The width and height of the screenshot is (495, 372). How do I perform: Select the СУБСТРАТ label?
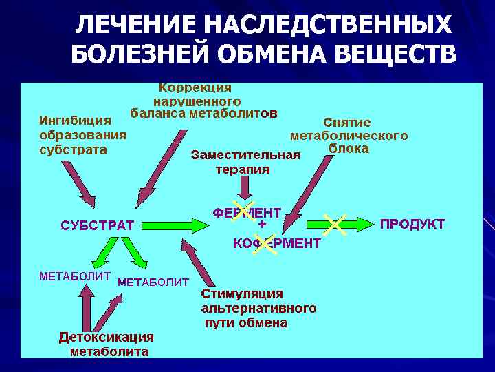(x=98, y=225)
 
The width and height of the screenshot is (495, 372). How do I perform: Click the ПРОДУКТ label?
(x=412, y=225)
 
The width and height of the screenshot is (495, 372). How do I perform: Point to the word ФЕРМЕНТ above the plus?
(x=247, y=212)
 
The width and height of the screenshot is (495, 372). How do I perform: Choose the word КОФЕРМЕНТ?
(x=276, y=243)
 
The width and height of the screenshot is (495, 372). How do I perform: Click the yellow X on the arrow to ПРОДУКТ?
(x=334, y=224)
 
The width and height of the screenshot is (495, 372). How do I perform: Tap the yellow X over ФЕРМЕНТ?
(x=242, y=210)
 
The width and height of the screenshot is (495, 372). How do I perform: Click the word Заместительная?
(x=245, y=154)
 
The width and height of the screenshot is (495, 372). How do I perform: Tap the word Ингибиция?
(x=75, y=121)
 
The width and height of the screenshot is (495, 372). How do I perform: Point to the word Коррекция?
(x=195, y=87)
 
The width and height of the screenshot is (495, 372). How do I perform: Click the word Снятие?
(x=347, y=122)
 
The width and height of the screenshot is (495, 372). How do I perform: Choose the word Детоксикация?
(x=106, y=337)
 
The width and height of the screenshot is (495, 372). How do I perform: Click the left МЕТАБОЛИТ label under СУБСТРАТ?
(x=75, y=276)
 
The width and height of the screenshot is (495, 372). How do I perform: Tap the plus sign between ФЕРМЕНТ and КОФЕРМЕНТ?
(x=262, y=225)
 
